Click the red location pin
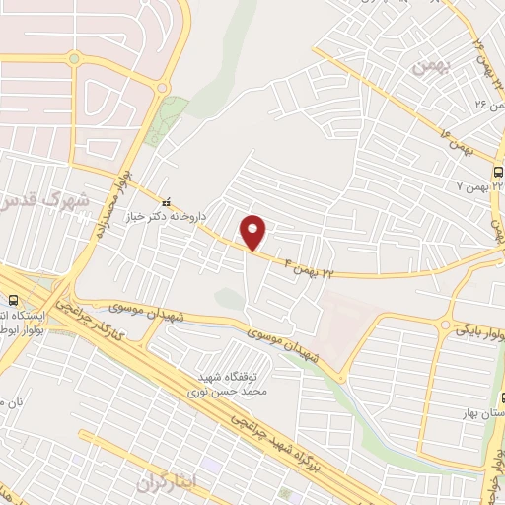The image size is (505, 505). click(x=254, y=233)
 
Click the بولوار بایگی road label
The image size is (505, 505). click(x=479, y=325)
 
